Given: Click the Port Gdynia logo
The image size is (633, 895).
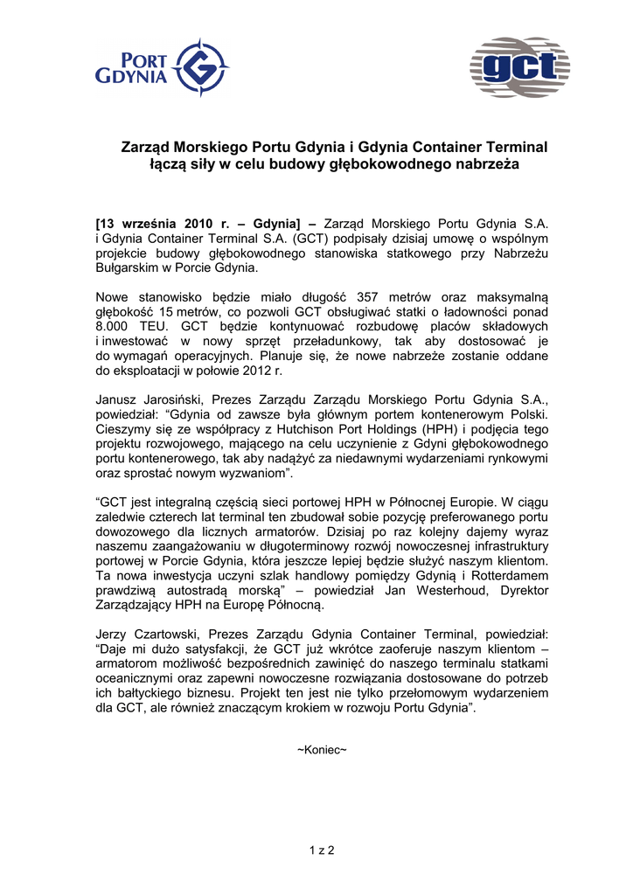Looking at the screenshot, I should [162, 68].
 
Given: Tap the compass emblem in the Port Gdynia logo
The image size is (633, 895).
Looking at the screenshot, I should [202, 67].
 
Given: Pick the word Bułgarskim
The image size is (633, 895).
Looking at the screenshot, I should [129, 268].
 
